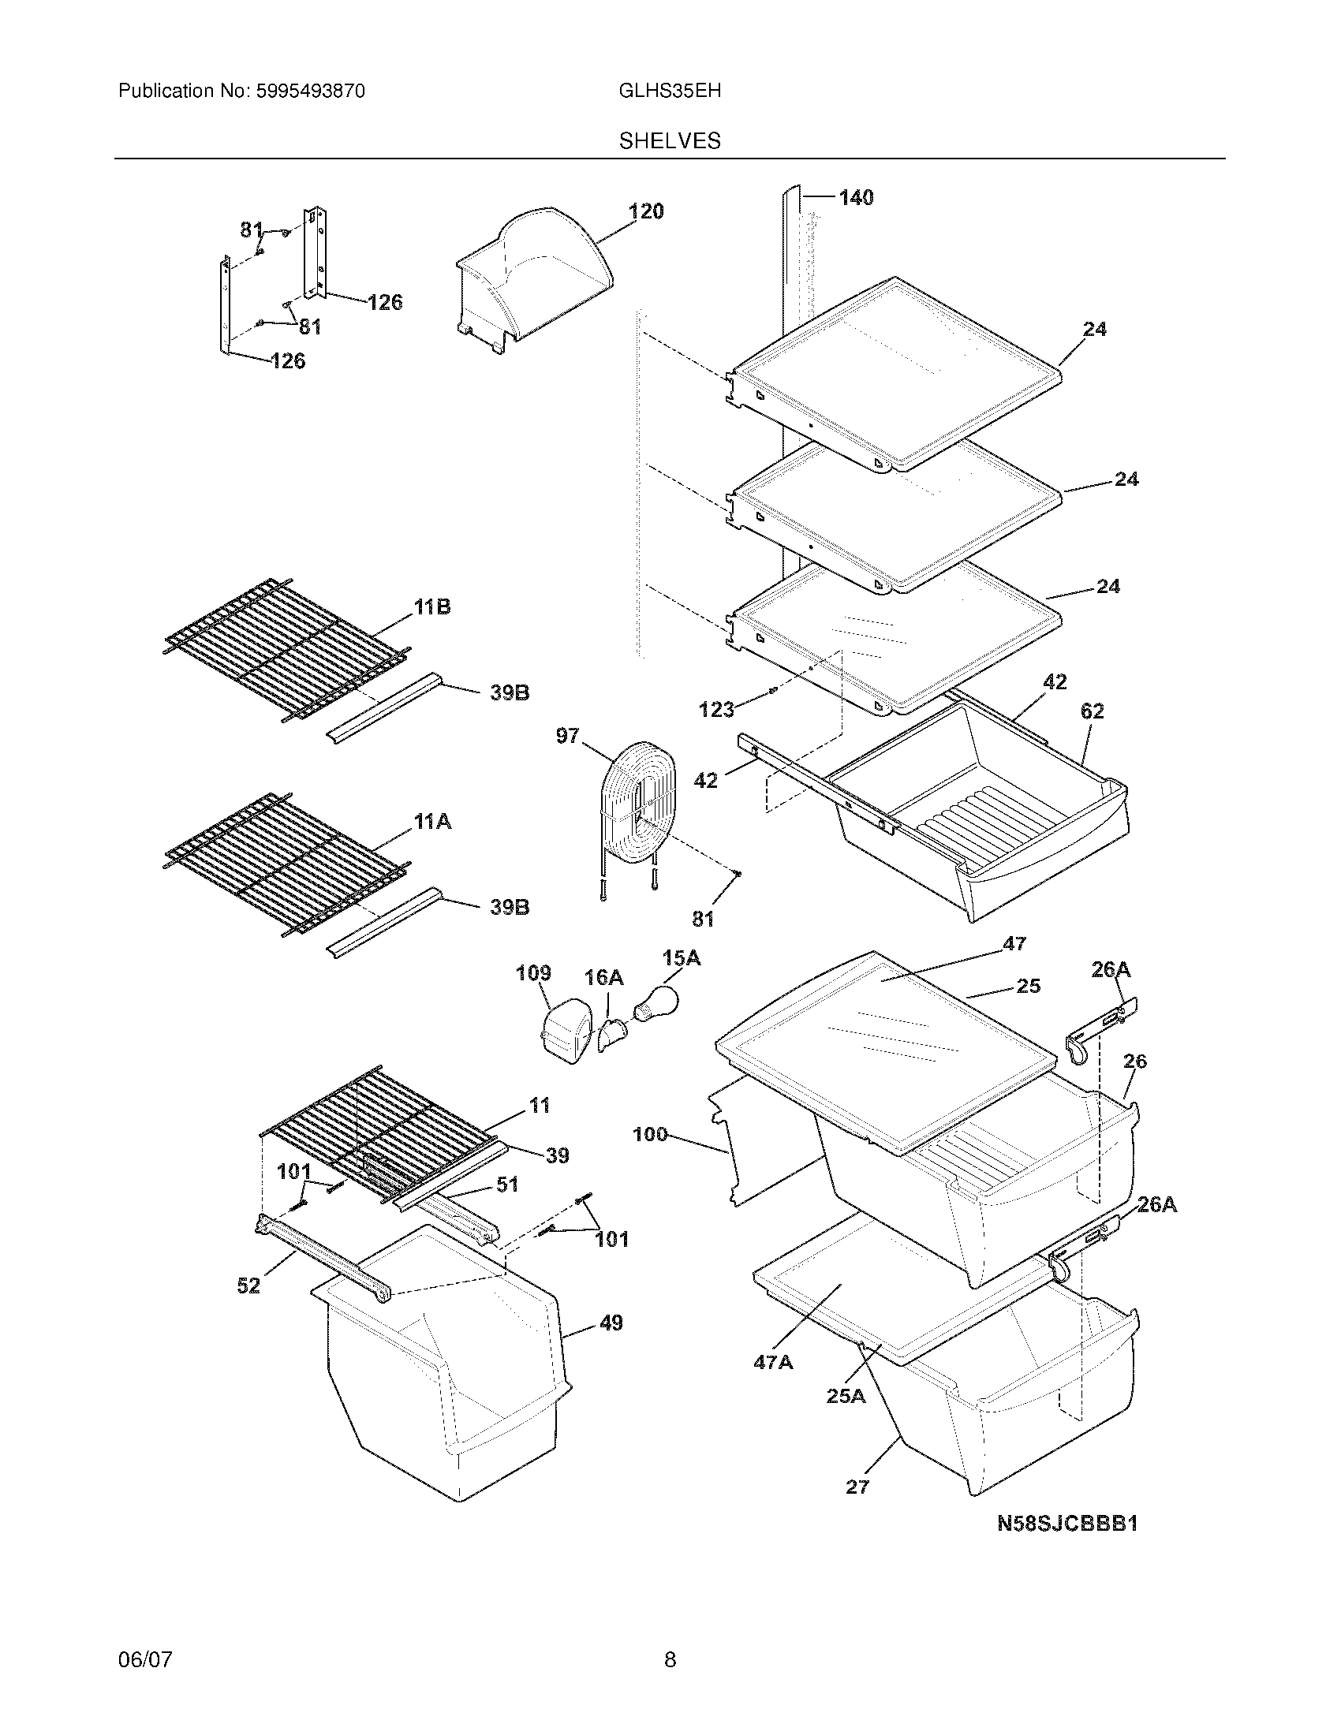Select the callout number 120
tap(646, 211)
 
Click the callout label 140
tap(856, 197)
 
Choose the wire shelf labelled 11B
tap(286, 647)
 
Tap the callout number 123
tap(715, 710)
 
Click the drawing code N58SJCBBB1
tap(1067, 1523)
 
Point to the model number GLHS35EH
tap(669, 91)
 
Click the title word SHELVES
tap(669, 140)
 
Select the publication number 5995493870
tap(310, 91)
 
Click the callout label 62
tap(1093, 711)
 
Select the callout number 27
tap(857, 1487)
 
